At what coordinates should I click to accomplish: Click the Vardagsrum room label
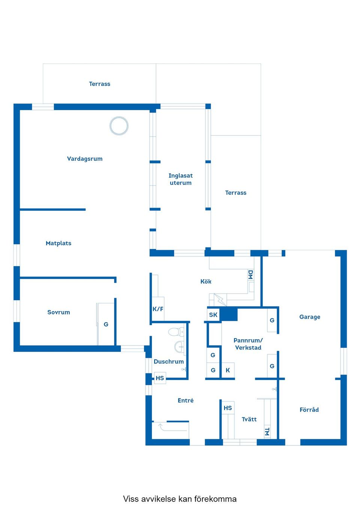(85, 159)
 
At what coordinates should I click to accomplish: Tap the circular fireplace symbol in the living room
(119, 126)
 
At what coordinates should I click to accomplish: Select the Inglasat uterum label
(180, 179)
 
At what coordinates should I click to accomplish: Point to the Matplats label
(58, 243)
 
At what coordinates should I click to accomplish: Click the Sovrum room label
(58, 312)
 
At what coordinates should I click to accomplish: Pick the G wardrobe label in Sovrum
(106, 324)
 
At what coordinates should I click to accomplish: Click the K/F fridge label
(158, 309)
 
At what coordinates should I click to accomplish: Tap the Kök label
(206, 281)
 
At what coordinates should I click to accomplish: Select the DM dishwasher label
(250, 275)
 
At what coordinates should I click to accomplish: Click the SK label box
(213, 315)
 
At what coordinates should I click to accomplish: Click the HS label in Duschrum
(160, 378)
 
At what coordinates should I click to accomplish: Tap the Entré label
(186, 401)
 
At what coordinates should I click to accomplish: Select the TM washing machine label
(267, 432)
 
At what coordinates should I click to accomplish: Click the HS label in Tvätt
(228, 408)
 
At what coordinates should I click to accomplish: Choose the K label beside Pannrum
(228, 370)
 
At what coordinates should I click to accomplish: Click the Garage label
(310, 317)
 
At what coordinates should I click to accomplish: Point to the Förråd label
(309, 410)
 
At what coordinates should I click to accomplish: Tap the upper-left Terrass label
(99, 84)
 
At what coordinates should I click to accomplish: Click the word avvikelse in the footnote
(158, 499)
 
